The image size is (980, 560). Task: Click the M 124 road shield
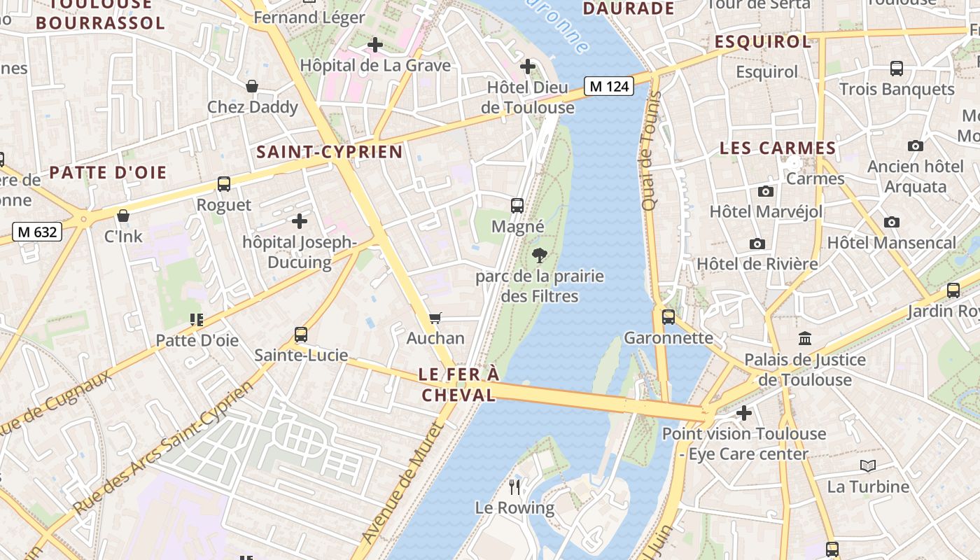coord(609,86)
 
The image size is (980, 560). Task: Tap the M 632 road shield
coord(37,232)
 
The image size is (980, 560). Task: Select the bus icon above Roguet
coord(224,184)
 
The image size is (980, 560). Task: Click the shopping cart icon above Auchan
coord(435,318)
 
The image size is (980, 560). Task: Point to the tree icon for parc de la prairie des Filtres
coord(539,255)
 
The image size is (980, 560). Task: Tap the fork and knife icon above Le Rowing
coord(515,486)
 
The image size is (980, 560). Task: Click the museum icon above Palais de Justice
coord(805,339)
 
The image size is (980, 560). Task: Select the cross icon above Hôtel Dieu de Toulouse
coord(528,66)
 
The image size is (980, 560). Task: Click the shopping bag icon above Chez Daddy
coord(252,86)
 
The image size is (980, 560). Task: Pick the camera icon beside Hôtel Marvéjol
coord(766,191)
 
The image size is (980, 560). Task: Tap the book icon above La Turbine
coord(868,465)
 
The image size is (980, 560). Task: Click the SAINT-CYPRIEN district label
coord(330,152)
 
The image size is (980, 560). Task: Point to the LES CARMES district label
coord(778,148)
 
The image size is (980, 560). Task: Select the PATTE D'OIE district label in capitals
coord(108,172)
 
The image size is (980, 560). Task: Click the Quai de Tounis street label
coord(650,150)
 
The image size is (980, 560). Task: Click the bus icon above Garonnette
coord(668,316)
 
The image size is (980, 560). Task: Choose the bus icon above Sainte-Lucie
coord(301,335)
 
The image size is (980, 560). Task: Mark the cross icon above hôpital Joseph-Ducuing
coord(300,222)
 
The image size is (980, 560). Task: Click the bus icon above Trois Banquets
coord(897,69)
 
